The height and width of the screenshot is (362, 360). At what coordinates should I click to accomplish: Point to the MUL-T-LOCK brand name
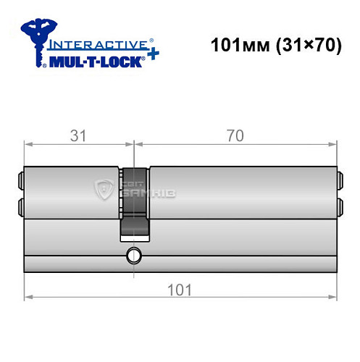coord(93,62)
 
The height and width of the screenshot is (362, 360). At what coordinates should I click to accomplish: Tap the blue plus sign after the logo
coord(153,54)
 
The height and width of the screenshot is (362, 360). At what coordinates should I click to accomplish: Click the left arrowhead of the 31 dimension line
coord(28,143)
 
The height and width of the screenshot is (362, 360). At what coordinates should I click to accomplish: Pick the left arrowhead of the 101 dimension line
coord(28,298)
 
